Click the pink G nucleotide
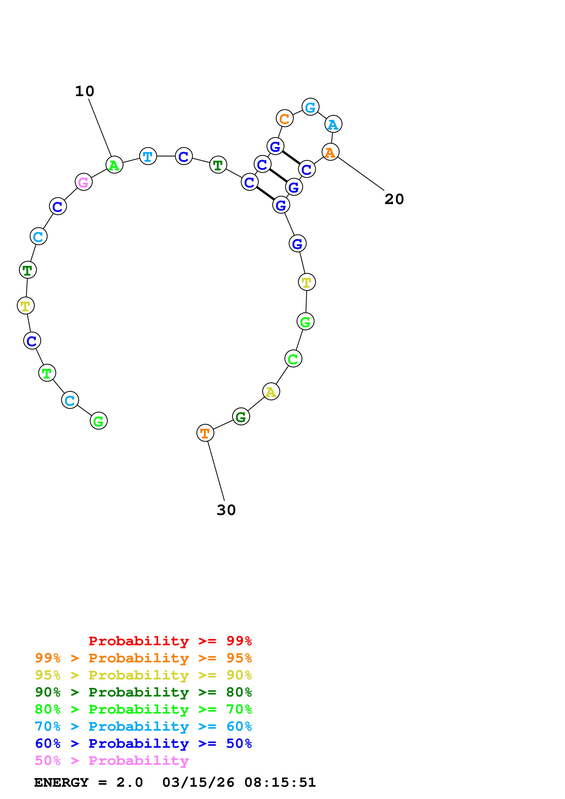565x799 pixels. tap(84, 182)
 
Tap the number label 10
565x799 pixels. tap(85, 91)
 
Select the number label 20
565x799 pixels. tap(394, 199)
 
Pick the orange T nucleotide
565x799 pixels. tap(205, 433)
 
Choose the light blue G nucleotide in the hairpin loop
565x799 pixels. tap(310, 107)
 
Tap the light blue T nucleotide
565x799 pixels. tap(148, 156)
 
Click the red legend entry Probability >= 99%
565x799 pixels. tap(170, 641)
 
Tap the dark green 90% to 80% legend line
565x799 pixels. tap(143, 692)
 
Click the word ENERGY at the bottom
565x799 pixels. tap(61, 783)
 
